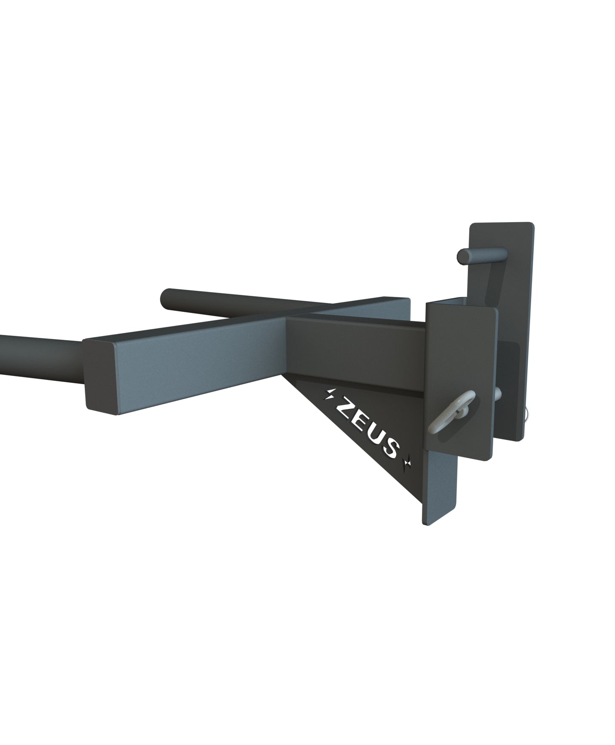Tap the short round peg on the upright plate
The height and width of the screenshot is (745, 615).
pos(481,257)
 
